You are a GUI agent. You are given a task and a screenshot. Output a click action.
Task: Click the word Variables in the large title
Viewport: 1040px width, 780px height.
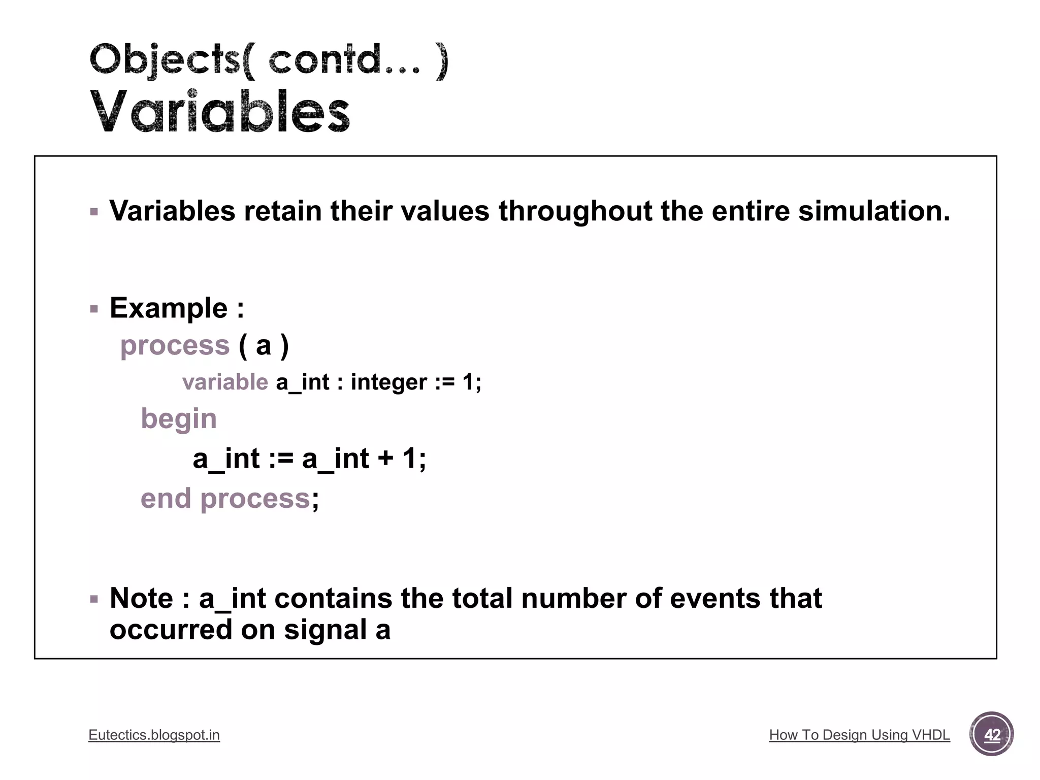coord(220,111)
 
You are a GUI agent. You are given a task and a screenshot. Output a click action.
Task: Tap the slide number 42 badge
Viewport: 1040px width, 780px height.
coord(991,734)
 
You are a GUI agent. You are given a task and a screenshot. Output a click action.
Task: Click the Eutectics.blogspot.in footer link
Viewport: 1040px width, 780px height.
coord(154,735)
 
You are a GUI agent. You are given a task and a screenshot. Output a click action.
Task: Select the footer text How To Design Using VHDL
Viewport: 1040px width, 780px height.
coord(859,735)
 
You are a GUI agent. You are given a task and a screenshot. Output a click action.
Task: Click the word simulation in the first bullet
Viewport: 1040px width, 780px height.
coord(873,211)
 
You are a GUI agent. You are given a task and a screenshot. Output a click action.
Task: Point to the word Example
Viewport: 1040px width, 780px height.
coord(169,308)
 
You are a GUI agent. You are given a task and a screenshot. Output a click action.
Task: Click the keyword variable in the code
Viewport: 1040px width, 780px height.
coord(225,382)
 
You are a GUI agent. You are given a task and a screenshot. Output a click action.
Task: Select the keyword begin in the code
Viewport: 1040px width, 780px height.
coord(179,419)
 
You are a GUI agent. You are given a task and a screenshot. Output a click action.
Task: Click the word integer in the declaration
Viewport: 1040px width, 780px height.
coord(388,382)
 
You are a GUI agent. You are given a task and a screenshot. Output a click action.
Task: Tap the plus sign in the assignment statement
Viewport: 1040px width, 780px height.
coord(385,459)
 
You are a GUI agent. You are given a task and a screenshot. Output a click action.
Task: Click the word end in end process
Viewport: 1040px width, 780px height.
coord(166,498)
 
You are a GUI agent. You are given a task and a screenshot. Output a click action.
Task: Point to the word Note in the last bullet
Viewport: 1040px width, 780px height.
coord(141,598)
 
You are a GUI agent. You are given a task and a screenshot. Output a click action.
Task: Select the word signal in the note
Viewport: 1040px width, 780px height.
coord(326,630)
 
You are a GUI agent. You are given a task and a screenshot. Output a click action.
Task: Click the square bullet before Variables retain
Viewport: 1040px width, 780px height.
coord(94,212)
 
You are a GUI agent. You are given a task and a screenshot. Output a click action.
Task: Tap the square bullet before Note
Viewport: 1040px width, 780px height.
coord(94,599)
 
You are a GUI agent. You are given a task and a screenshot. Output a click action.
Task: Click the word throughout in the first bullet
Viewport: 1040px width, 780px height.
coord(575,211)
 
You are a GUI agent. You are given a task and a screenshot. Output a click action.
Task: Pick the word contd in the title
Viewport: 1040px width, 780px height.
coord(325,59)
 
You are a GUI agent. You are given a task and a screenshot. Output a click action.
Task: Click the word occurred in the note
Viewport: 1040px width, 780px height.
coord(171,630)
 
